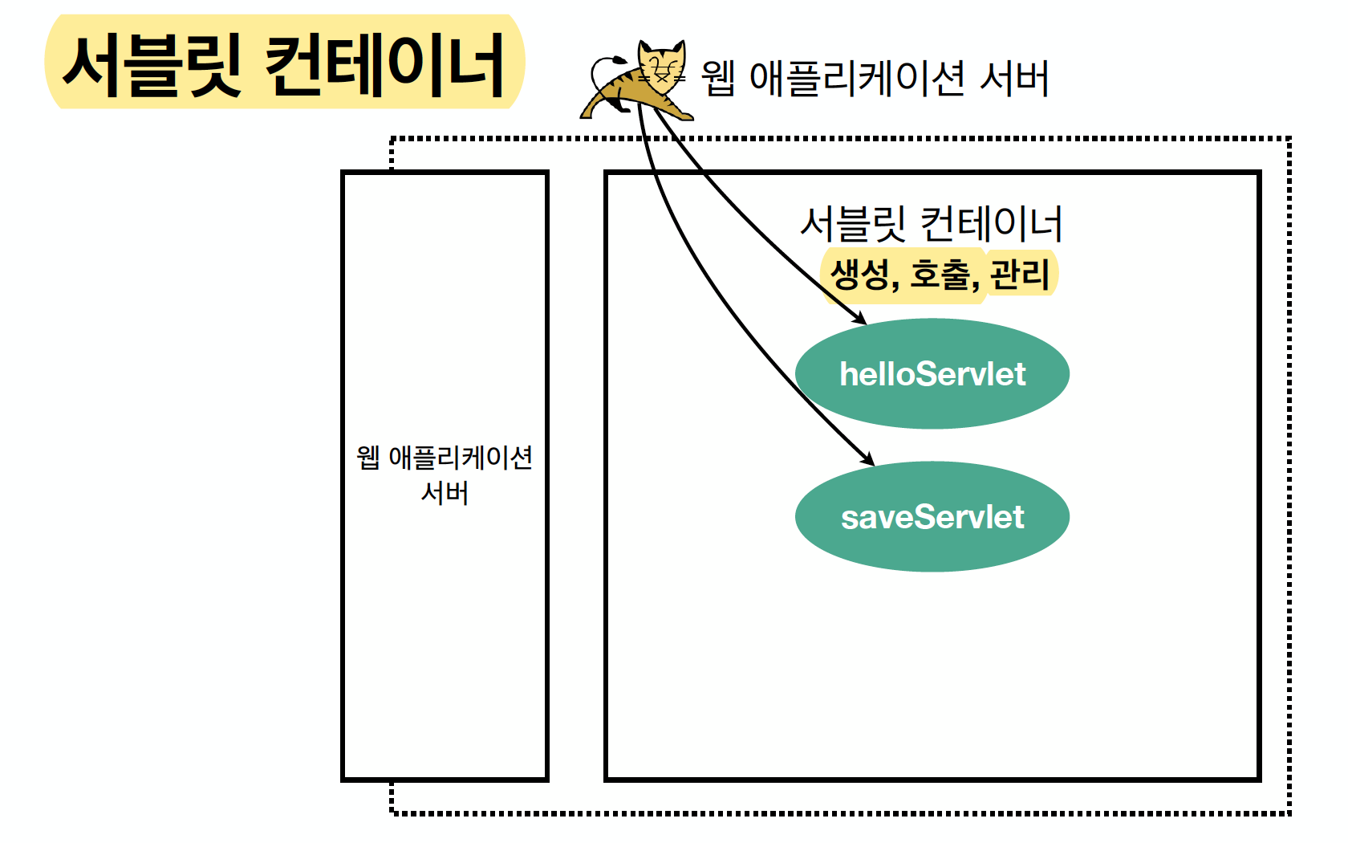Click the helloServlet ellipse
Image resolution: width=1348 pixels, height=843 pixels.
(x=932, y=374)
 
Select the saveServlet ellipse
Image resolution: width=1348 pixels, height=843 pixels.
(x=932, y=517)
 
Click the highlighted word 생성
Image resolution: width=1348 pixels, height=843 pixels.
(x=859, y=275)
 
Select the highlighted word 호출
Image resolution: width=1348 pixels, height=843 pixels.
(x=940, y=275)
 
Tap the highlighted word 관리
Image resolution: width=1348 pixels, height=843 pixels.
(x=1020, y=275)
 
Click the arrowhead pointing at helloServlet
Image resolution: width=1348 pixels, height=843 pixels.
(x=861, y=320)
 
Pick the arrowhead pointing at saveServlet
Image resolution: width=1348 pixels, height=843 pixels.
(x=868, y=460)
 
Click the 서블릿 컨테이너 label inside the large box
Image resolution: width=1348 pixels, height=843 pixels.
(x=932, y=224)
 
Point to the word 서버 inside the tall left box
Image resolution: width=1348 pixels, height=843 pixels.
(x=445, y=493)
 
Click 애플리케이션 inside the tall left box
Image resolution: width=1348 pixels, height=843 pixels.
(x=461, y=458)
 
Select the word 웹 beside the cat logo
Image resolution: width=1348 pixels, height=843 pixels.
(x=718, y=79)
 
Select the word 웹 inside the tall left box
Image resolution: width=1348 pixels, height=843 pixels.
(x=367, y=458)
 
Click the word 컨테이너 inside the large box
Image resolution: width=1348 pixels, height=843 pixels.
(x=992, y=224)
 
